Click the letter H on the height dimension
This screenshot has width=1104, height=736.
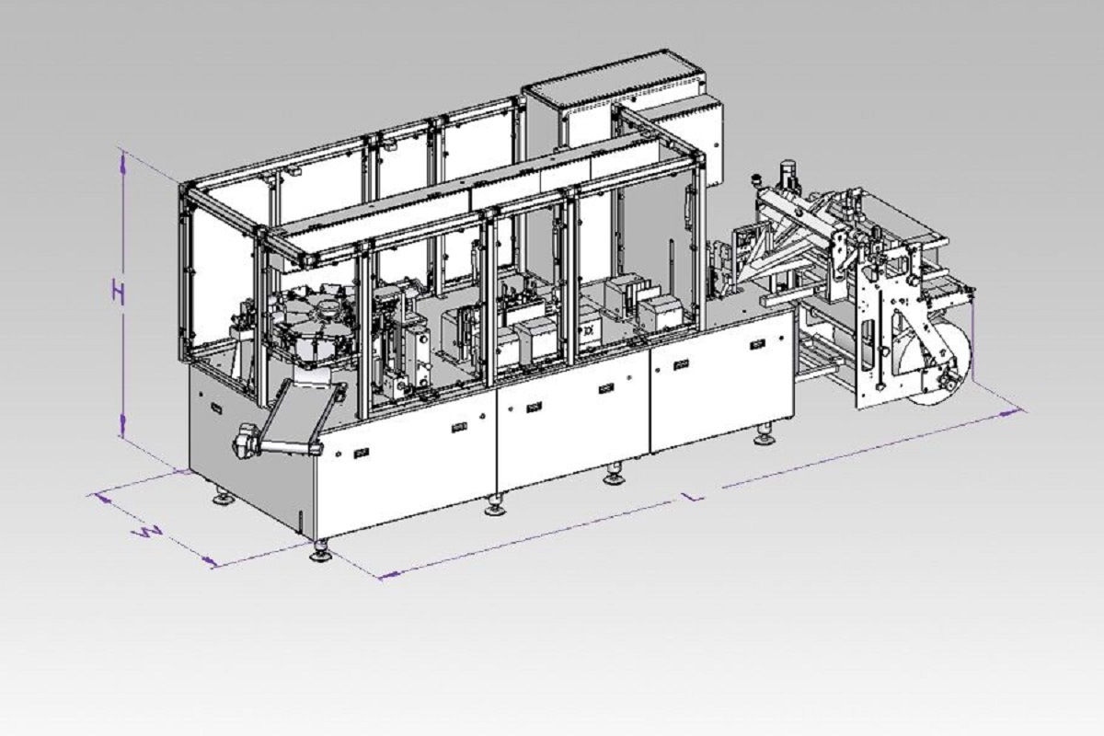click(118, 292)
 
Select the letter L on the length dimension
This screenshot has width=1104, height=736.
click(695, 496)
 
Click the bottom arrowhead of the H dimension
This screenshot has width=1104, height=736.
click(122, 425)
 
